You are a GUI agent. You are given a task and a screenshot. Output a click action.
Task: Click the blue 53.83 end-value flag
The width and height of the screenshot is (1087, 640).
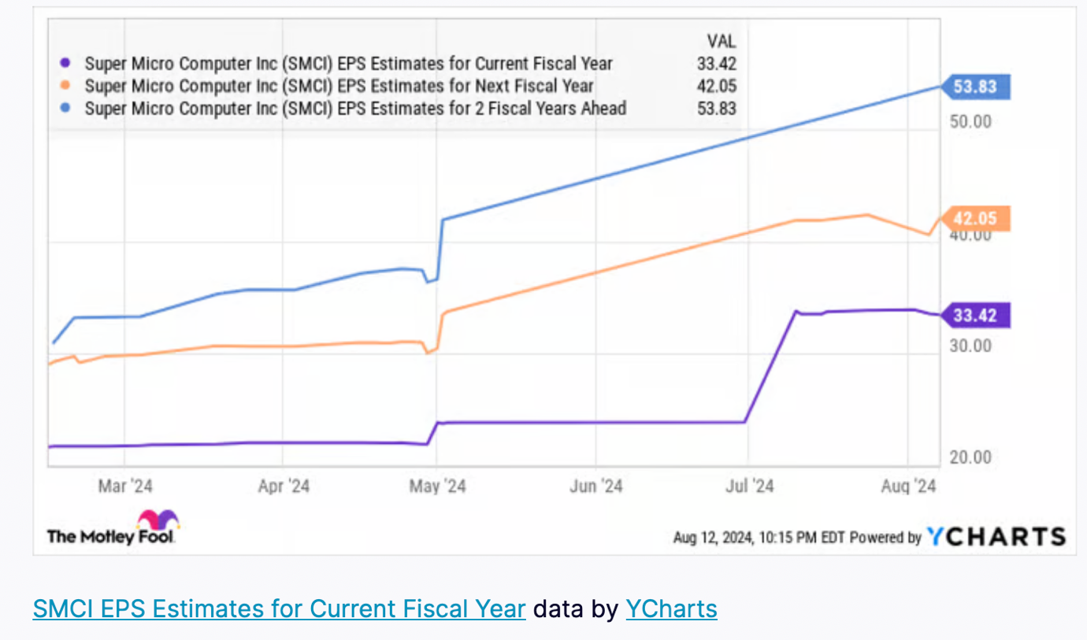(975, 87)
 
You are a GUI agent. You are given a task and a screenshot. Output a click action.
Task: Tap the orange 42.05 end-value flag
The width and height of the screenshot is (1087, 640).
(975, 219)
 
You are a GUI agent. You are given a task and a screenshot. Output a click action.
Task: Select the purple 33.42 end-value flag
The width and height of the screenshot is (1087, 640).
(975, 316)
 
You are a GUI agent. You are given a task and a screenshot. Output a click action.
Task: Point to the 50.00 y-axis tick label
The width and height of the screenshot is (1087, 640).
(970, 121)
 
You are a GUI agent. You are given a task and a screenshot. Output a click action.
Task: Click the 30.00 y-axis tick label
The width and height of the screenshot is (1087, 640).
(970, 346)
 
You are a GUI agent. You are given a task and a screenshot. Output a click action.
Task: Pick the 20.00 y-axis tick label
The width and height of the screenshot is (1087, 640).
(970, 457)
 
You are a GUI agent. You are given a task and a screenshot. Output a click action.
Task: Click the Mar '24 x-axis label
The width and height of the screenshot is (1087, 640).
(125, 486)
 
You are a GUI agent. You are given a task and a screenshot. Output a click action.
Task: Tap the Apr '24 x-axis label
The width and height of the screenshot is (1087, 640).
(284, 486)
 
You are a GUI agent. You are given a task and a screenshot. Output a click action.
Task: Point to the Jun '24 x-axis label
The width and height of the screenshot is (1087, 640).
(596, 486)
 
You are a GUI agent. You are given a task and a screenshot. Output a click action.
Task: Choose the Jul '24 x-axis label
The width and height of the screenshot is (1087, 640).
(748, 486)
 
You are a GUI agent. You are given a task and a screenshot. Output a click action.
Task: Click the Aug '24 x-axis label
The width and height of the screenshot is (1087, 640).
(909, 486)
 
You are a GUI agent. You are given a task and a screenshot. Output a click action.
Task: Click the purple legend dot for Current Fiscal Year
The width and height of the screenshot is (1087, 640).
(67, 64)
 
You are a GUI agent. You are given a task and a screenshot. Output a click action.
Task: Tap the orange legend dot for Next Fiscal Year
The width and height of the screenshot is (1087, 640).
(67, 86)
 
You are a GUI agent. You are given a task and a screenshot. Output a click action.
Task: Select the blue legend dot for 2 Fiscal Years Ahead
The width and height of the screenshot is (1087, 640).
(67, 108)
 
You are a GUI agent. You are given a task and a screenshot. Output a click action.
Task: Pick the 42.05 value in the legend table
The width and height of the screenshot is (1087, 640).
(716, 86)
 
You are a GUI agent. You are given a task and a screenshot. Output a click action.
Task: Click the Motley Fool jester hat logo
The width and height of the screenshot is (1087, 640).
(158, 520)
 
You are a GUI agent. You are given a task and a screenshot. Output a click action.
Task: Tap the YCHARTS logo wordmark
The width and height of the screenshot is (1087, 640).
(996, 537)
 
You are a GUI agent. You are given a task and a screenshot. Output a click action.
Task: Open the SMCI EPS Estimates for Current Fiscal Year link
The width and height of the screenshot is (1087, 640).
(279, 609)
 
